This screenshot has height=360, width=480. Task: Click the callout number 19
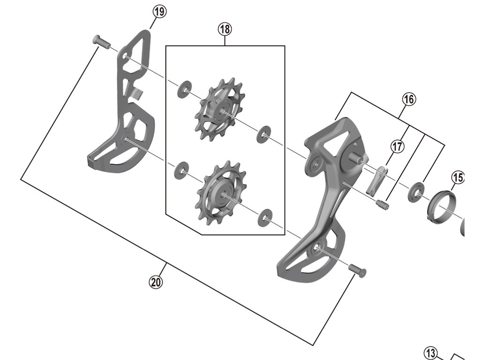coord(159,12)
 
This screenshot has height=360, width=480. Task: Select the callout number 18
coord(225,29)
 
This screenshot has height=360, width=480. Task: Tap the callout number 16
coord(409,99)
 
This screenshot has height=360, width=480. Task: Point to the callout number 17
coord(397,147)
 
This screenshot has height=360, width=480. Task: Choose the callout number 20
coord(156,282)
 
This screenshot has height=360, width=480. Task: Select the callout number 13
coord(431,352)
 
